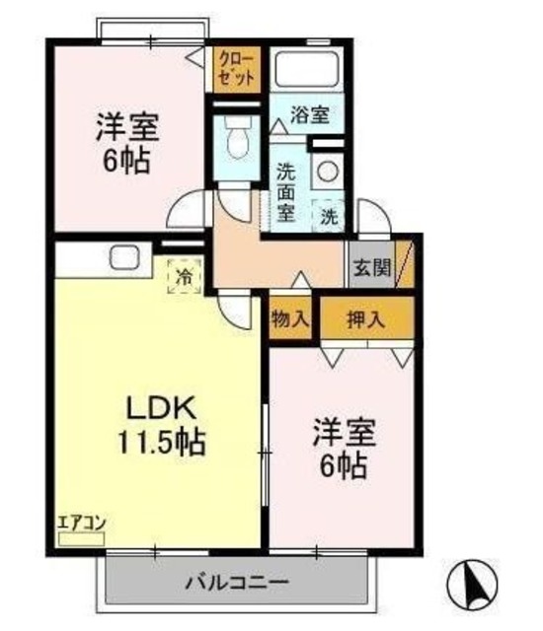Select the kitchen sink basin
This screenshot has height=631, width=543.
124,257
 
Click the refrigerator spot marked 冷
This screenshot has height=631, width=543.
185,276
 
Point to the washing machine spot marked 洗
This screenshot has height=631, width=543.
329,217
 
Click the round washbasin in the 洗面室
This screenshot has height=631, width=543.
328,173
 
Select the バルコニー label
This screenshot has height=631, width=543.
237,582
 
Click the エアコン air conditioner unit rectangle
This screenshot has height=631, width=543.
81,539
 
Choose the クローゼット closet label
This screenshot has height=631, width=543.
237,69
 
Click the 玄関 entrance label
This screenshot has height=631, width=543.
372,267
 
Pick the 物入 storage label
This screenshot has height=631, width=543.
290,319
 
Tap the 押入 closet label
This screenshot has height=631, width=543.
366,319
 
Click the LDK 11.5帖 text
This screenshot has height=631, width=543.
162,425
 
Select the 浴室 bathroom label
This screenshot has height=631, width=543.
310,115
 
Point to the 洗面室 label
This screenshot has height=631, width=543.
285,193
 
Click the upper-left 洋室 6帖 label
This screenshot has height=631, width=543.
127,143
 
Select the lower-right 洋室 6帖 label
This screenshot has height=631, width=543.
344,449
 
